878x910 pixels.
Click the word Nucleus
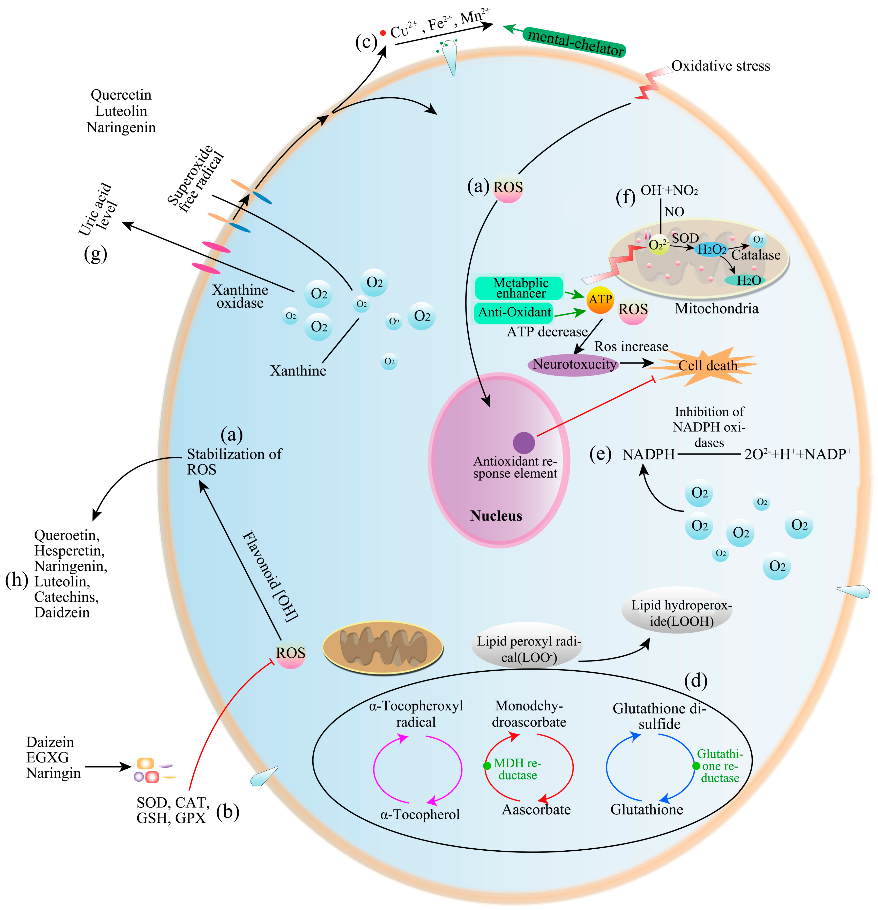click(496, 516)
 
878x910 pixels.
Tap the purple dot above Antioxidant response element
click(524, 442)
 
